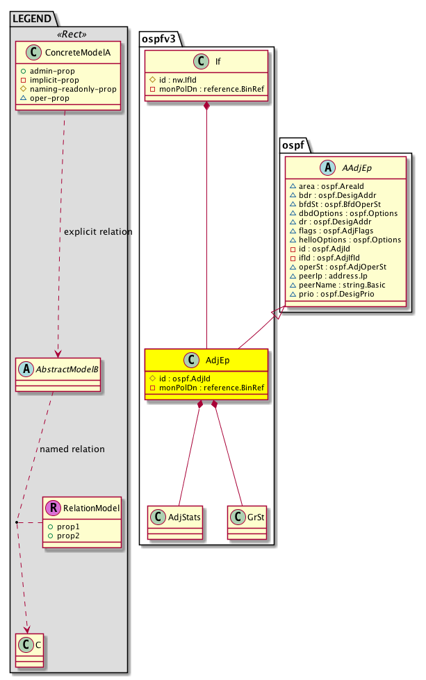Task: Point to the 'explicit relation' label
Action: tap(97, 231)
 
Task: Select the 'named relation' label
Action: tap(72, 449)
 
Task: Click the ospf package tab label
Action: tap(297, 145)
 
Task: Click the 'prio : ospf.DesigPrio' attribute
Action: tap(341, 295)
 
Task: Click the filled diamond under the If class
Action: tap(206, 106)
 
